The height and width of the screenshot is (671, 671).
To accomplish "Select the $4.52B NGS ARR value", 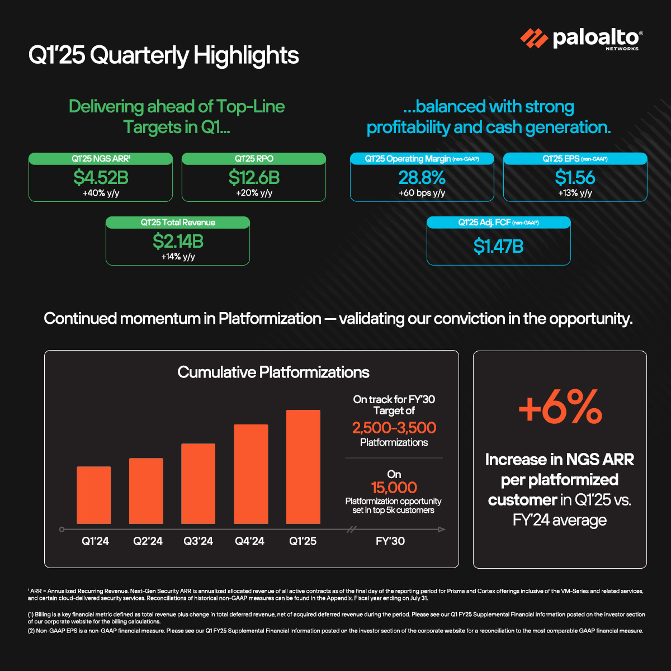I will point(101,178).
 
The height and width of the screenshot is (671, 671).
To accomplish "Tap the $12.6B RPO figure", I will point(254,178).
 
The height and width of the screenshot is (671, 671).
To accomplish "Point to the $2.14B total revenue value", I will point(178,242).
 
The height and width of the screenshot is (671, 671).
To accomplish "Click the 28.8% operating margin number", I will point(422,178).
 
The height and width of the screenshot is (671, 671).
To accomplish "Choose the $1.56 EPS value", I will point(575,178).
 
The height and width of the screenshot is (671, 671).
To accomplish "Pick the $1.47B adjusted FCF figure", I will point(498,246).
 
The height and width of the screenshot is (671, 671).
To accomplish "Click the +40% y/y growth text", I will point(101,193).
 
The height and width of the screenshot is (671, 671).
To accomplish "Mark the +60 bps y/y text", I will point(422,193).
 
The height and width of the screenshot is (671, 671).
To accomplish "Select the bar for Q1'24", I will point(93,495).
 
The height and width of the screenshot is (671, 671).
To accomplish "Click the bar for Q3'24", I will point(198,484).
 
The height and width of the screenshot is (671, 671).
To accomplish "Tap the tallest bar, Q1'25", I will point(303,467).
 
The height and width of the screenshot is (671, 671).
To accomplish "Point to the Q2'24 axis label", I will point(148,541).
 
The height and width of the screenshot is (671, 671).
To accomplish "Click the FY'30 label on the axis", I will point(390,541).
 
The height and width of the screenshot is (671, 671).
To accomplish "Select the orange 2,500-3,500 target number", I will point(394,428).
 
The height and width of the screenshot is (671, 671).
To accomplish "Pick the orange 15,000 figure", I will point(394,488).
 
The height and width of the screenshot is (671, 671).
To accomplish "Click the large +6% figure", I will point(560,408).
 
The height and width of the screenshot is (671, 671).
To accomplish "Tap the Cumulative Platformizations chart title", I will point(273,372).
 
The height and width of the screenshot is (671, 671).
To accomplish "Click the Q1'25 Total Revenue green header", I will point(178,223).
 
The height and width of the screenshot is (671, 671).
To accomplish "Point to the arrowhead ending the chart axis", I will point(442,529).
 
